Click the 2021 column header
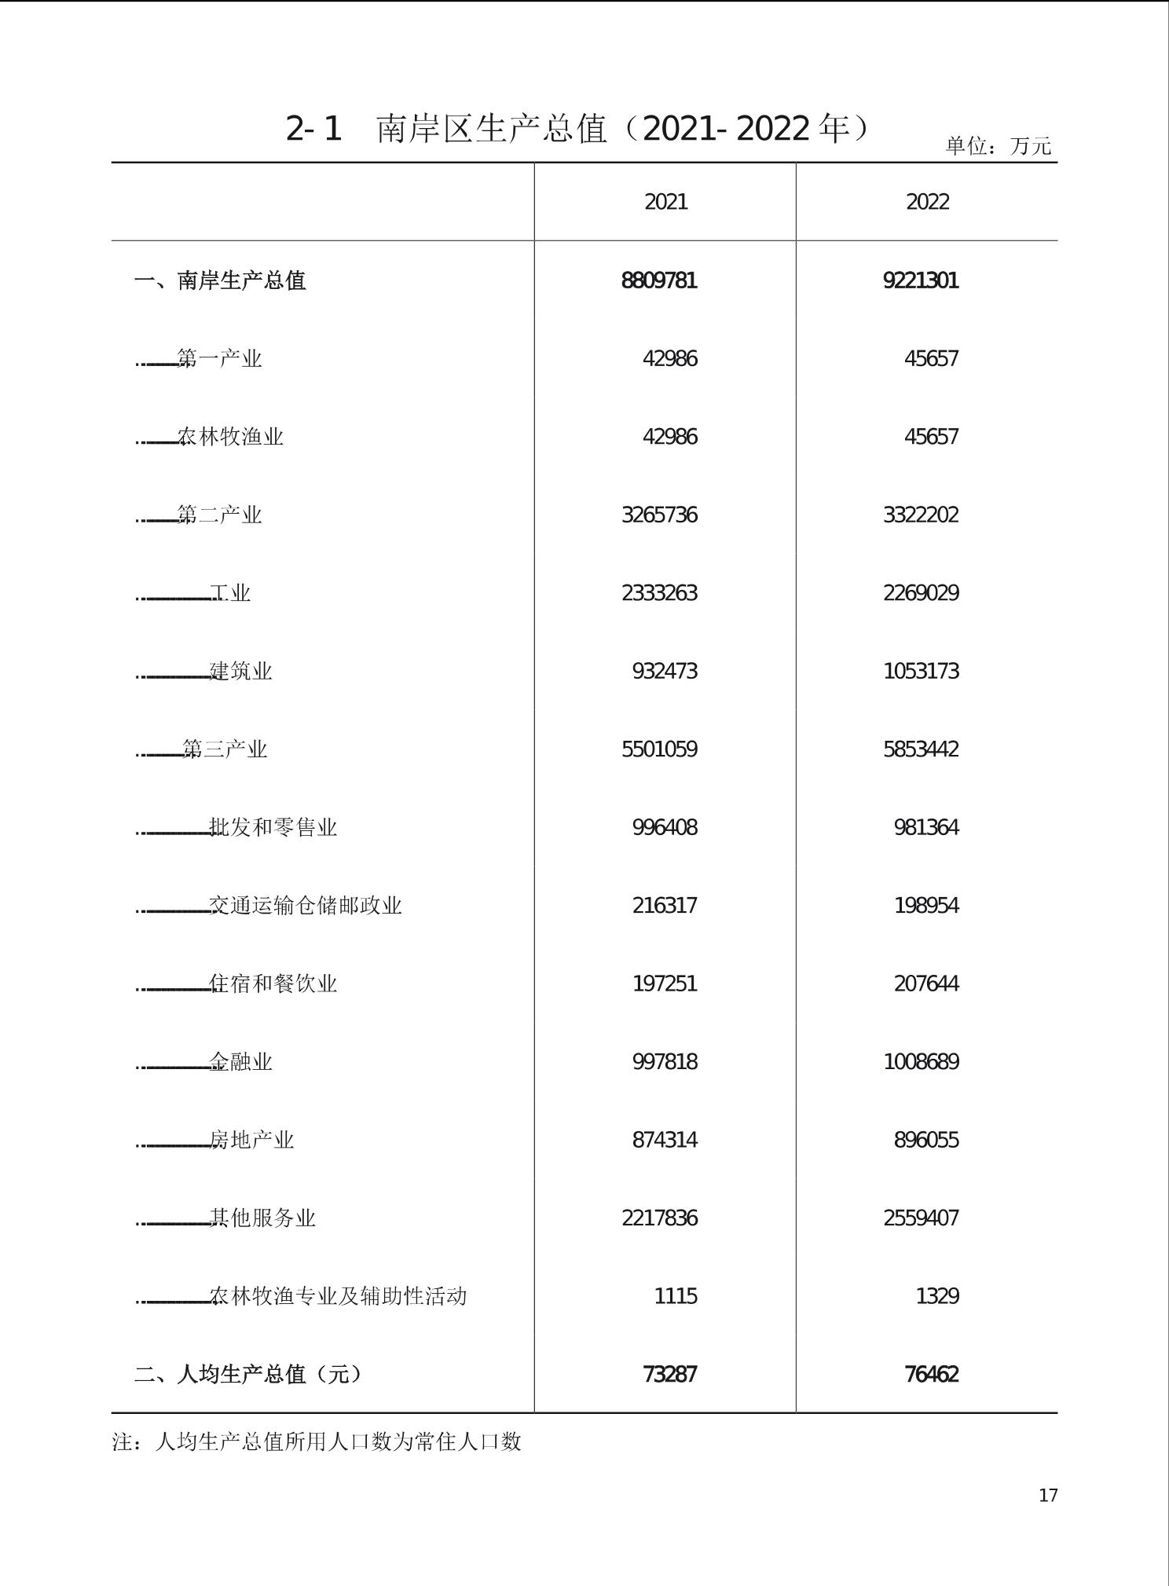[665, 202]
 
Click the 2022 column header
[927, 202]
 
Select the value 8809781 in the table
[658, 280]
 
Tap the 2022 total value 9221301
[920, 280]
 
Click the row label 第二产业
[219, 515]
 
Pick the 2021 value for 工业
[658, 593]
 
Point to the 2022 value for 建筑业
[920, 671]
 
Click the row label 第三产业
[225, 749]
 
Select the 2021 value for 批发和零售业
[664, 827]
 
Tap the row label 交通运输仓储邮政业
[305, 906]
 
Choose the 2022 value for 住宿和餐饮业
[925, 983]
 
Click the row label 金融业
[240, 1062]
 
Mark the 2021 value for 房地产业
[664, 1140]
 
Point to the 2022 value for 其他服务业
[920, 1218]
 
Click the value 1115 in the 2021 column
[675, 1296]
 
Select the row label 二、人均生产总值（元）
[248, 1374]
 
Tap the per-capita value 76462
[931, 1374]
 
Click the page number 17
[1048, 1495]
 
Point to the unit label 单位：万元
[998, 146]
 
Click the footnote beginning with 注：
[317, 1441]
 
